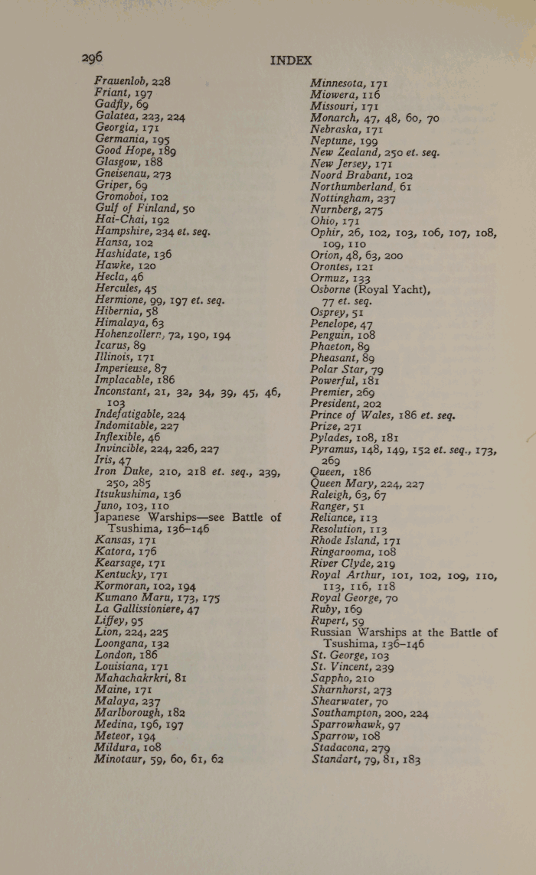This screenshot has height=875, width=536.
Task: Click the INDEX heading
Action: [x=291, y=60]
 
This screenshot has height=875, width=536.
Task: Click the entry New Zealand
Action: [x=352, y=152]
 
